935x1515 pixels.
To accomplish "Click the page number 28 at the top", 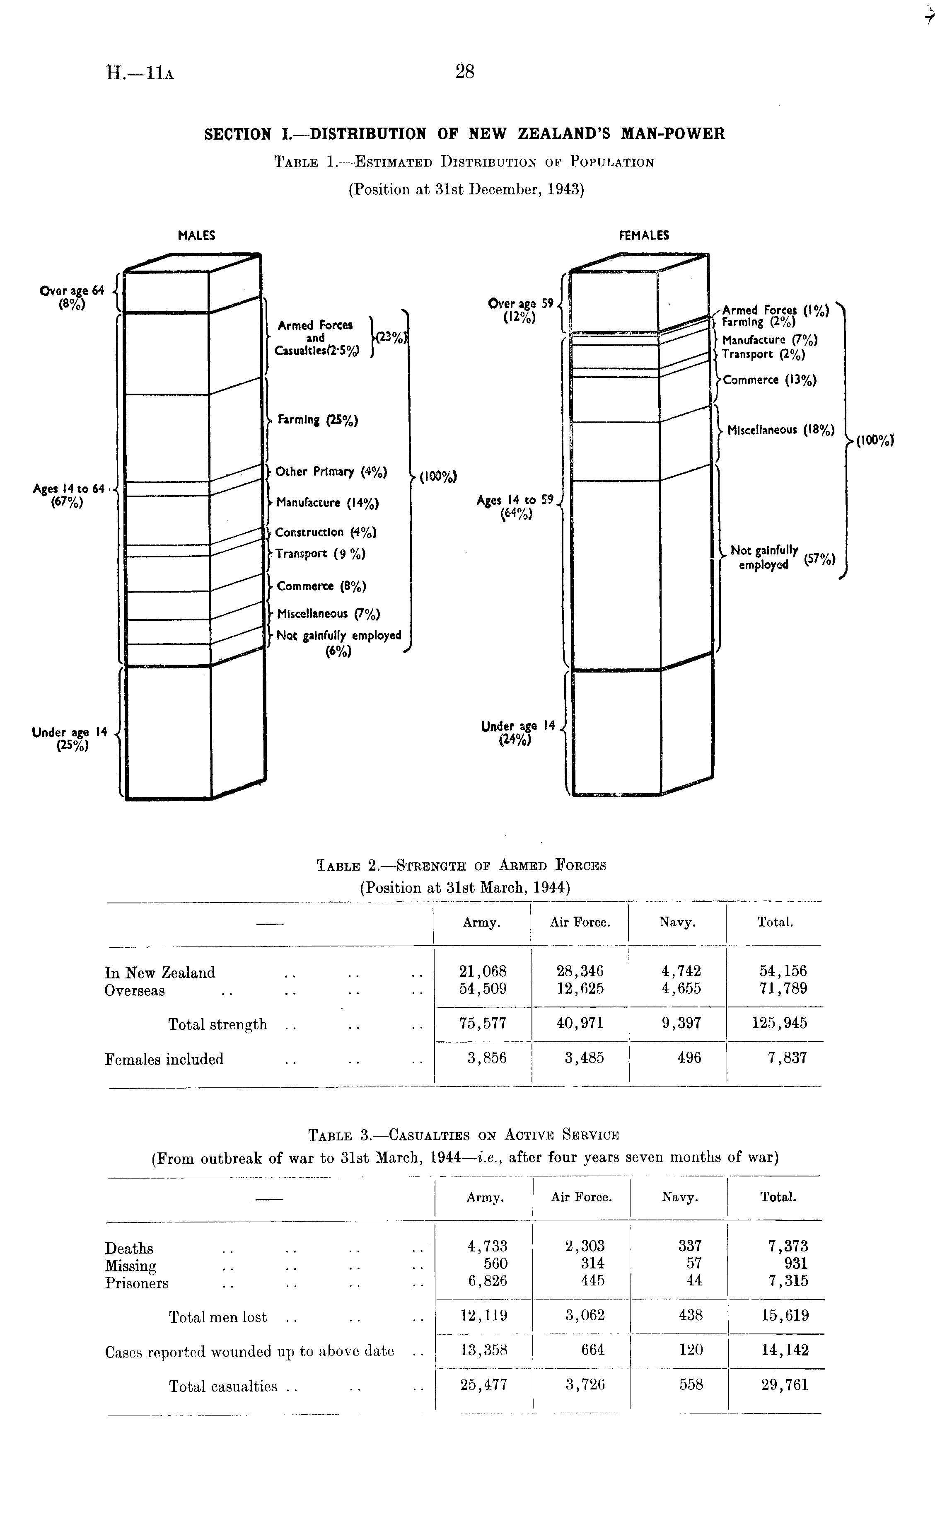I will point(464,73).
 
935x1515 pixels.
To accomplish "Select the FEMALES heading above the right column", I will point(644,236).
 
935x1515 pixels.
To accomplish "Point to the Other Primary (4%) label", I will point(331,472).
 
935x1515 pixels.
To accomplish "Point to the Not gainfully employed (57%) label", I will point(782,558).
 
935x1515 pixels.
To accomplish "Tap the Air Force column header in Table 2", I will point(580,922).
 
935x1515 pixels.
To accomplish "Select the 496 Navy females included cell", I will point(689,1058).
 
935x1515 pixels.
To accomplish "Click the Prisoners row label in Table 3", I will point(137,1283).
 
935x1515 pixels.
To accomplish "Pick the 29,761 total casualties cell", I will point(784,1384).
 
